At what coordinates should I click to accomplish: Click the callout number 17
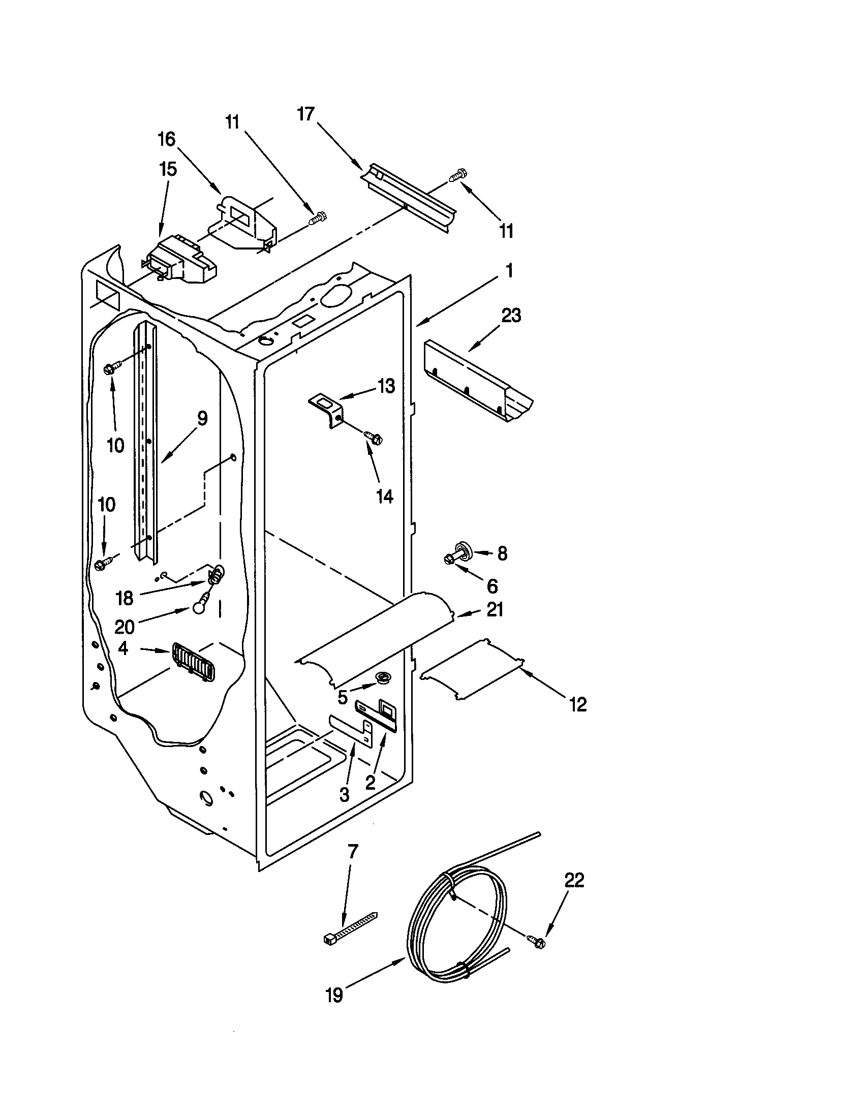pos(305,114)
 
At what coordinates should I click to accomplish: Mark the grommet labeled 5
pos(381,678)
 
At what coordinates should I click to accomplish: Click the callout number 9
pos(202,419)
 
